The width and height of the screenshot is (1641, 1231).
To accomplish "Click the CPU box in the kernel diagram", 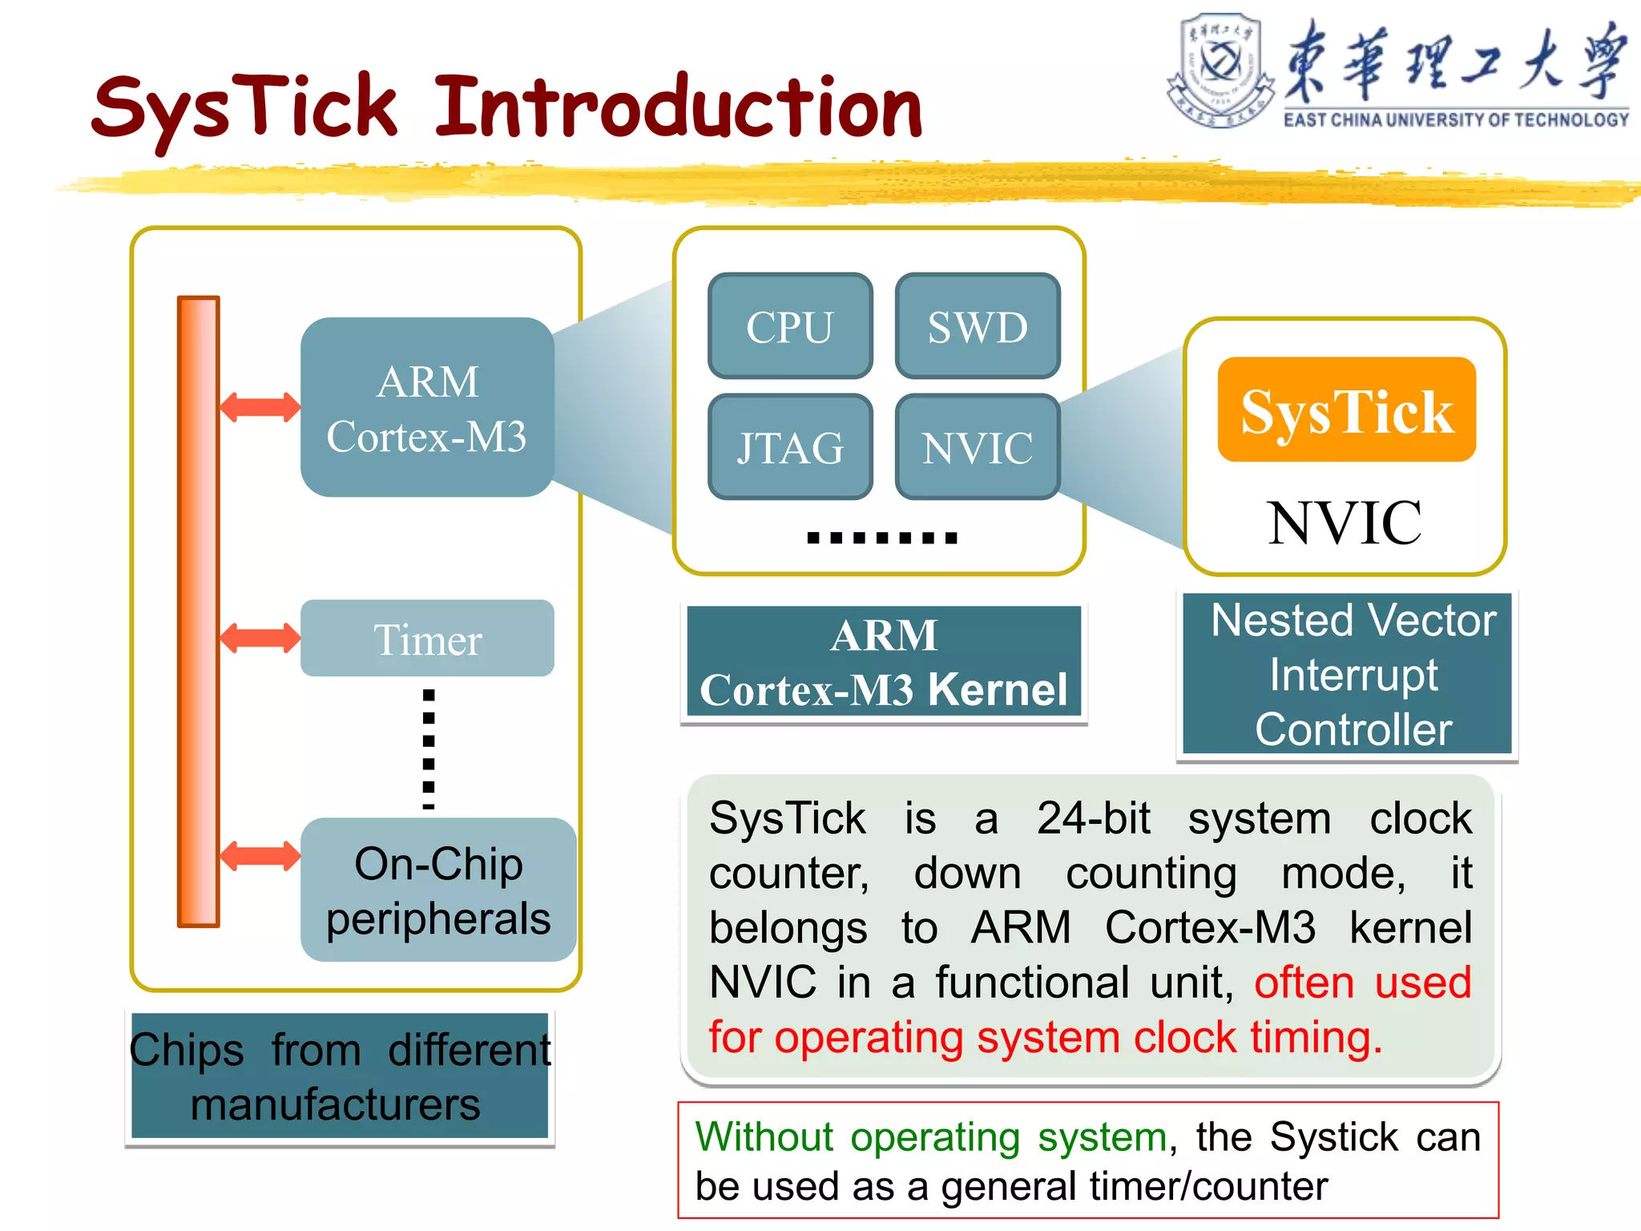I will (790, 326).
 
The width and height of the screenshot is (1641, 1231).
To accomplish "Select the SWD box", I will (978, 326).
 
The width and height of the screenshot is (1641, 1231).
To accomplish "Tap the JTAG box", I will (790, 447).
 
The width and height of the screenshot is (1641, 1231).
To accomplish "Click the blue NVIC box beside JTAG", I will (978, 447).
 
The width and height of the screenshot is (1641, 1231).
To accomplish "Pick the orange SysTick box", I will (1346, 410).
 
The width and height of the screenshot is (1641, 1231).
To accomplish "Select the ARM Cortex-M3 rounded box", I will (427, 407).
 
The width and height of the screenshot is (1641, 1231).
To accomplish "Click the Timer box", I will (427, 639).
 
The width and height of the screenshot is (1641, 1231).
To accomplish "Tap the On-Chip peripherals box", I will (438, 890).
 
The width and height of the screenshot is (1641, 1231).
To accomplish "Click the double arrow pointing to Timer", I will (260, 639).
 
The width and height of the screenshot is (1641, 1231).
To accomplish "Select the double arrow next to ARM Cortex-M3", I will (260, 407).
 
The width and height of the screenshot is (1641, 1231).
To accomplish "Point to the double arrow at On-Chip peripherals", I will (260, 856).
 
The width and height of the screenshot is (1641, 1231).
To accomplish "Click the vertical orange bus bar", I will (199, 611).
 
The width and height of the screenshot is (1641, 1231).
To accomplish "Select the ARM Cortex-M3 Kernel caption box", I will (884, 662).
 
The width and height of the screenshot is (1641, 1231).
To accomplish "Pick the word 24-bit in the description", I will (1093, 818).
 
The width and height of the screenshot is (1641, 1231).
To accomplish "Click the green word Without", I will (764, 1136).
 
